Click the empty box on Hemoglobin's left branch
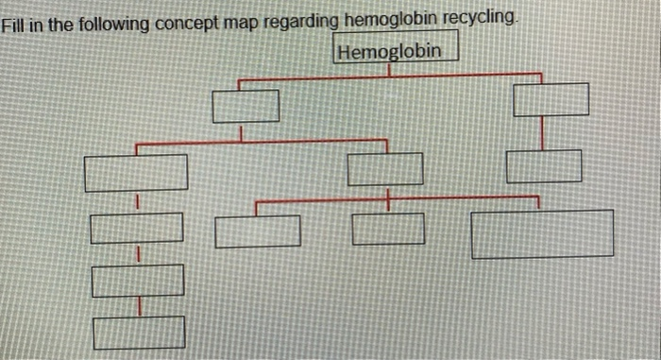pos(246,106)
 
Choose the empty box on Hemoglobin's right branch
pos(551,99)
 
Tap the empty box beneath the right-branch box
pos(543,167)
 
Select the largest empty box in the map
pos(542,234)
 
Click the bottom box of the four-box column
pos(139,332)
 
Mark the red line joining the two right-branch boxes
pos(541,133)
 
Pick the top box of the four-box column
pos(136,173)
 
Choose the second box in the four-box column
pos(137,228)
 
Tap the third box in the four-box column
pos(138,281)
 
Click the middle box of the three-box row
pos(388,229)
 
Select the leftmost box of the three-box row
pos(258,231)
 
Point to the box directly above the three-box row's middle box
pos(385,169)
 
